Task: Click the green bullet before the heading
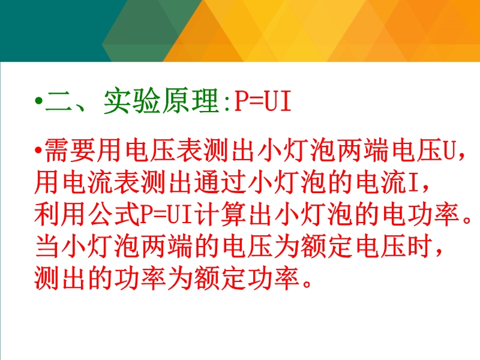point(38,100)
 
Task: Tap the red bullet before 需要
point(38,150)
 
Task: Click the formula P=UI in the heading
point(263,101)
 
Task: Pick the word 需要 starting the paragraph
point(70,150)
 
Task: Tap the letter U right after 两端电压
point(449,151)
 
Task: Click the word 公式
point(113,214)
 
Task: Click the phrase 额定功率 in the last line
point(247,278)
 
